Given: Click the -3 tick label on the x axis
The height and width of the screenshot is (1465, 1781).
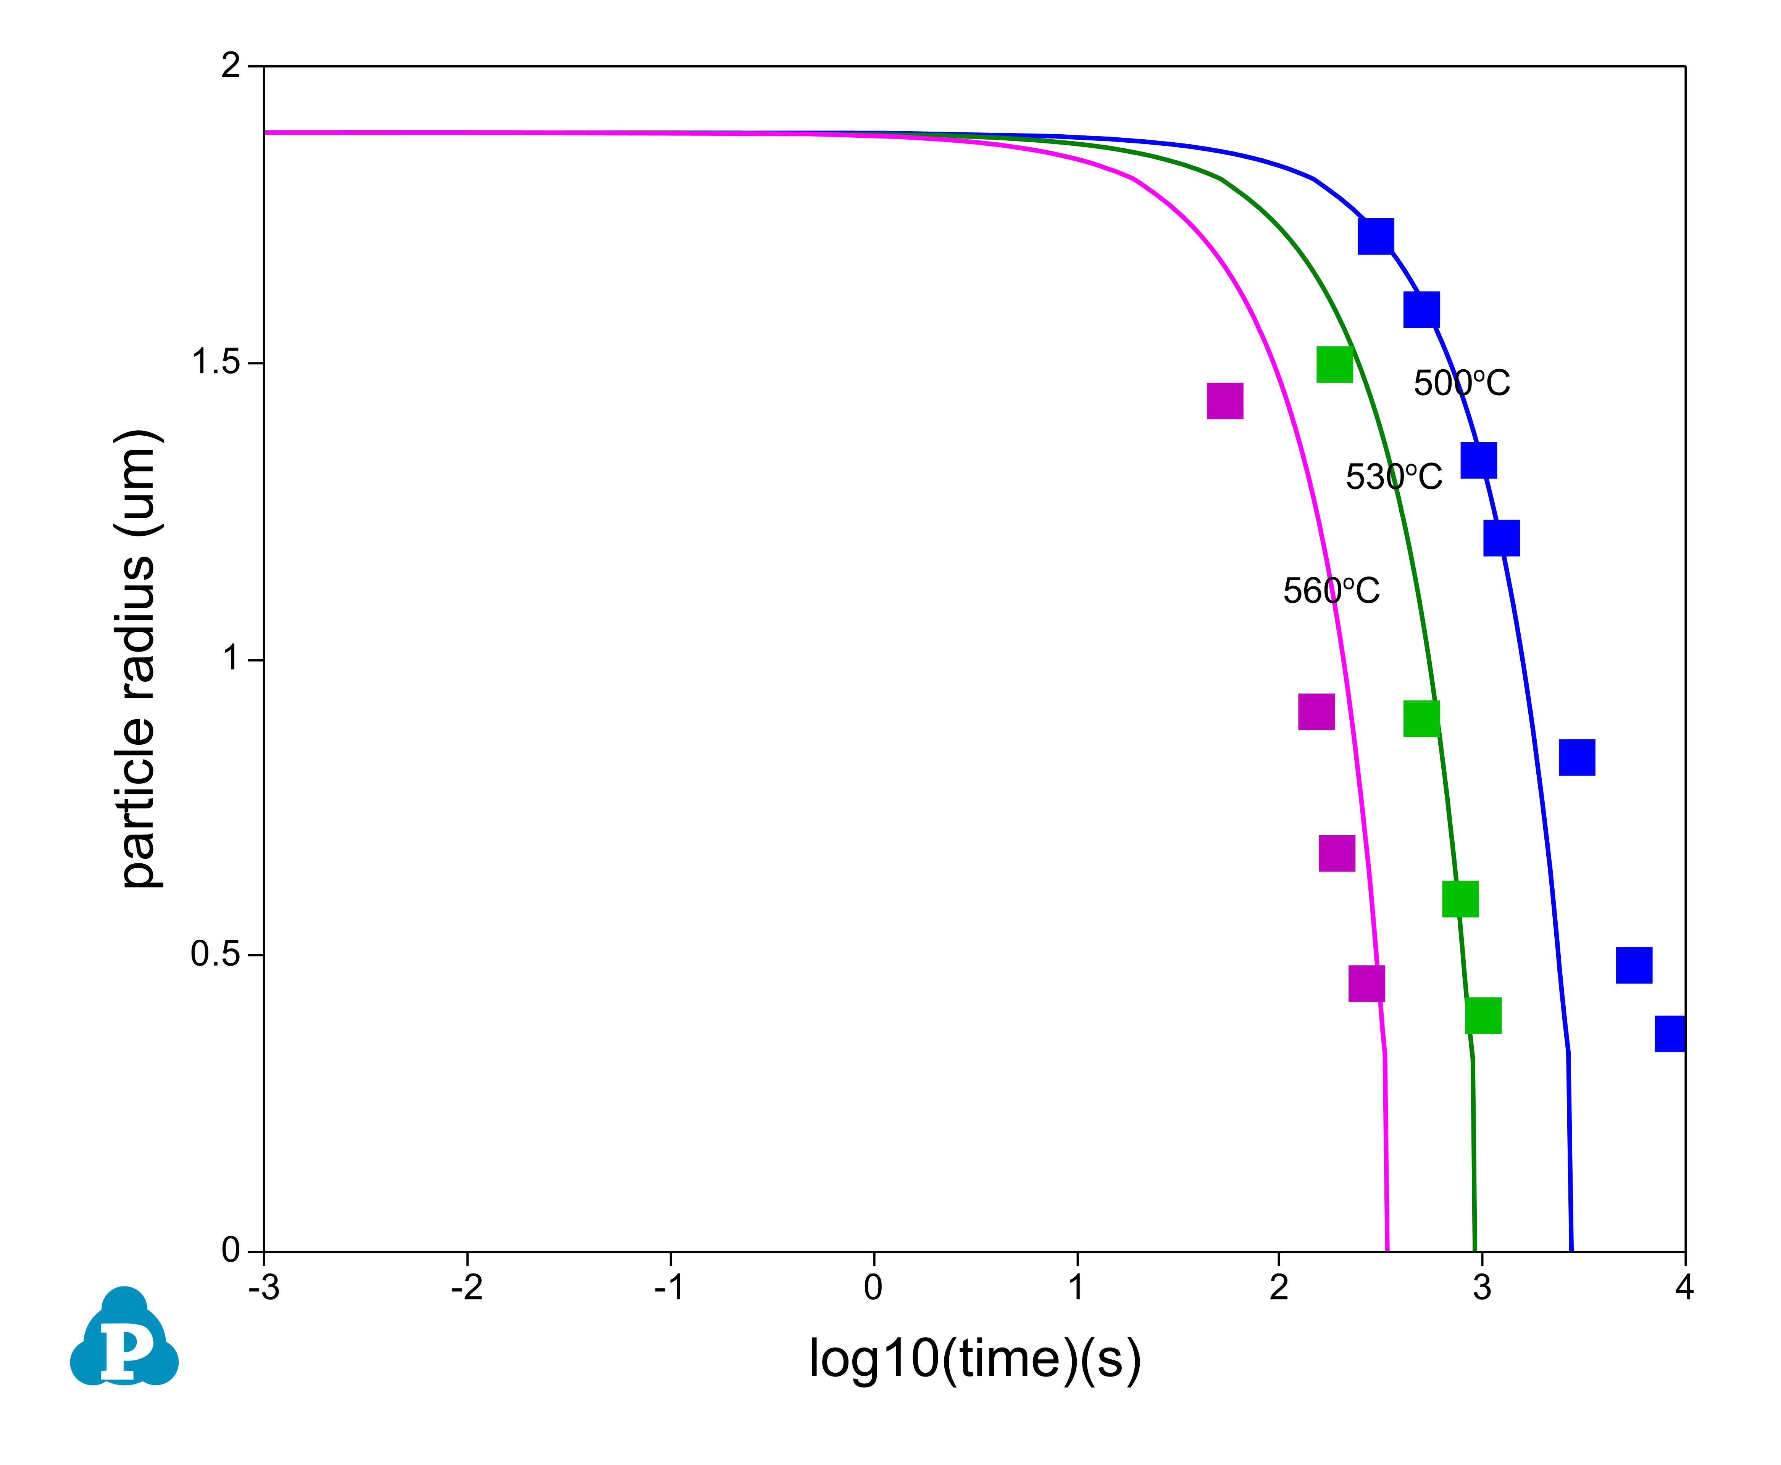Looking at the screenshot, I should pos(264,1288).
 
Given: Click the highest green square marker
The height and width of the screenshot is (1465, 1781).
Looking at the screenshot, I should pos(1334,365).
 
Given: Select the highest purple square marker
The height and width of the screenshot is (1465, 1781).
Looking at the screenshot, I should pos(1225,401).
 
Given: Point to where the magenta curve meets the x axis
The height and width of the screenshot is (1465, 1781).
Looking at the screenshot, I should pos(1387,1250).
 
